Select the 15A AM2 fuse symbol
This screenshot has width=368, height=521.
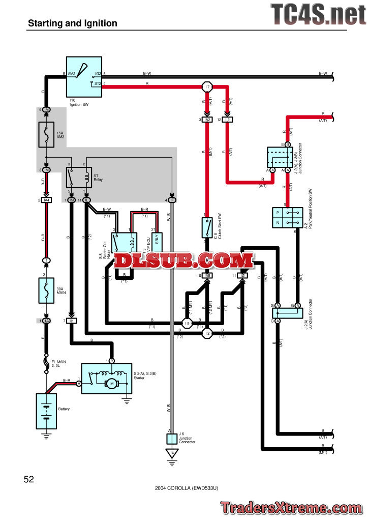(46, 134)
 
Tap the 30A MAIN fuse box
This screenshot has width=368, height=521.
(46, 291)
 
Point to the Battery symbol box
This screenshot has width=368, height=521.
(46, 410)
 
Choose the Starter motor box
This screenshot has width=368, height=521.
(107, 378)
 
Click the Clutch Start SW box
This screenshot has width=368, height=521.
(207, 227)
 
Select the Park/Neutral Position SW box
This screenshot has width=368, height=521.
(287, 217)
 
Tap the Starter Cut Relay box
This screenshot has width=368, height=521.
(125, 243)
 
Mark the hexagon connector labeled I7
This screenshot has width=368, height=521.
(207, 87)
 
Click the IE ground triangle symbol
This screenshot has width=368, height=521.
(172, 452)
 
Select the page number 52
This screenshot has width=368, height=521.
(28, 479)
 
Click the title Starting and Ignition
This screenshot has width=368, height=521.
(73, 23)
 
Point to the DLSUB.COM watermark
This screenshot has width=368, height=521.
(183, 261)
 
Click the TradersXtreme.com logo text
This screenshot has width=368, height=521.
(292, 507)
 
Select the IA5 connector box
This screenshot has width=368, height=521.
(207, 275)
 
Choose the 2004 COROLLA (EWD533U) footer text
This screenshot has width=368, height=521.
(187, 487)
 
